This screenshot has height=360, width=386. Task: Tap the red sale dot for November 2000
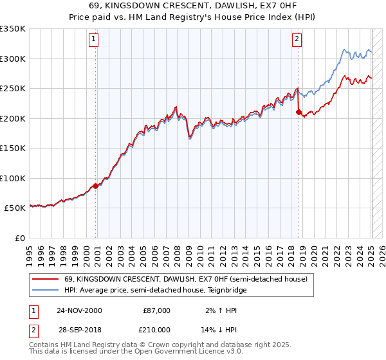point(96,186)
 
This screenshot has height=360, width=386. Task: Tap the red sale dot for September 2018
point(299,113)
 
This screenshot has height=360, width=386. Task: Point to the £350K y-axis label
point(13,29)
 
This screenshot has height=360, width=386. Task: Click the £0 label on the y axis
point(20,238)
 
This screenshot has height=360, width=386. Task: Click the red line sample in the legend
point(45,279)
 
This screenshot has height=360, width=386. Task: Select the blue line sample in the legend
point(45,290)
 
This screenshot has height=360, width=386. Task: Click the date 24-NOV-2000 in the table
point(79,310)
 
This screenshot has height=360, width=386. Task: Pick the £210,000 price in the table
point(156,329)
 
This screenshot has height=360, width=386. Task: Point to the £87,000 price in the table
point(156,310)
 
